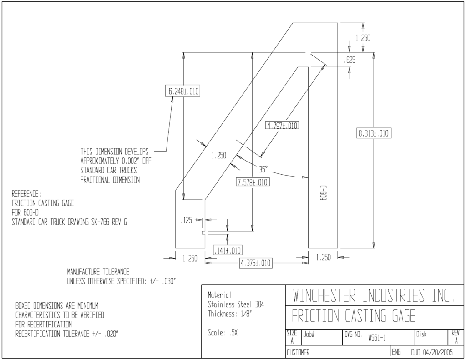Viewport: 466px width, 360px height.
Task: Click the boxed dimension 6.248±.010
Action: (x=182, y=91)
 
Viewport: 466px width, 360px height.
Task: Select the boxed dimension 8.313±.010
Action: (x=374, y=133)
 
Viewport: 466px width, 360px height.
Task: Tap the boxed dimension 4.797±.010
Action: (x=282, y=126)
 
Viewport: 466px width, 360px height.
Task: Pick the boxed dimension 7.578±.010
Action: (x=253, y=182)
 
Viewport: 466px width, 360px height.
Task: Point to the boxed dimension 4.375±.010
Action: (x=256, y=263)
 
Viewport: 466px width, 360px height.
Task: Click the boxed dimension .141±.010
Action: (x=228, y=250)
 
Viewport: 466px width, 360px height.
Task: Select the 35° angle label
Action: (x=263, y=169)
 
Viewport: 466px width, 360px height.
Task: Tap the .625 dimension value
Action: (x=349, y=60)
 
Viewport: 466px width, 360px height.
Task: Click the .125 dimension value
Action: (x=186, y=220)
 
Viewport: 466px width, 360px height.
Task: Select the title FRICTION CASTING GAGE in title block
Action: (x=354, y=316)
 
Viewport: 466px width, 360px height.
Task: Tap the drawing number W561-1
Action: (x=377, y=338)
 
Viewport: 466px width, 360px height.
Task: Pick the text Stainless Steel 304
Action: (x=236, y=304)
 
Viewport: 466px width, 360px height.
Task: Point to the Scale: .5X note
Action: (x=223, y=333)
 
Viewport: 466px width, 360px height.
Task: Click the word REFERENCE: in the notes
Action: (x=26, y=194)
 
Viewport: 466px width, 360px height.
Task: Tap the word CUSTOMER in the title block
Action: (x=298, y=353)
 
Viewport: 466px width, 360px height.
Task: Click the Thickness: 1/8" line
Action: (x=230, y=314)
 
